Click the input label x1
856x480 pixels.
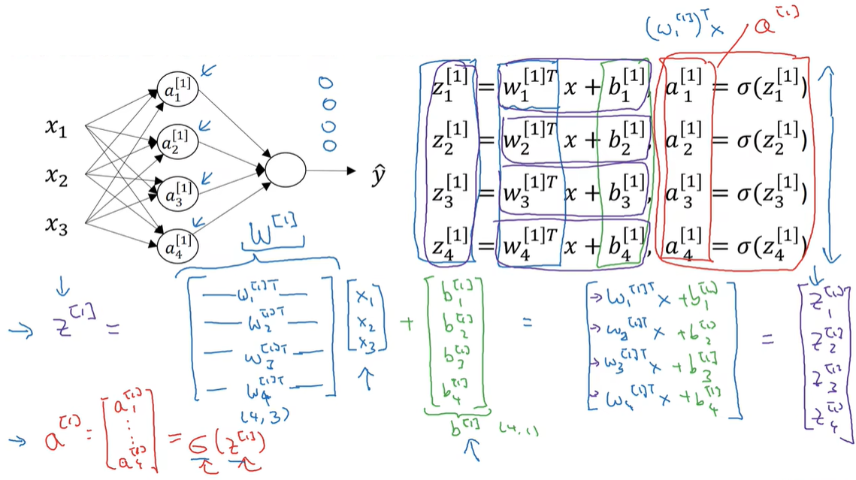point(56,129)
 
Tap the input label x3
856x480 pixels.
point(56,224)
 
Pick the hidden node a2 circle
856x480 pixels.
point(177,140)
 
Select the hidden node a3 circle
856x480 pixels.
point(177,192)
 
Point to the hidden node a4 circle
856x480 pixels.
point(177,245)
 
